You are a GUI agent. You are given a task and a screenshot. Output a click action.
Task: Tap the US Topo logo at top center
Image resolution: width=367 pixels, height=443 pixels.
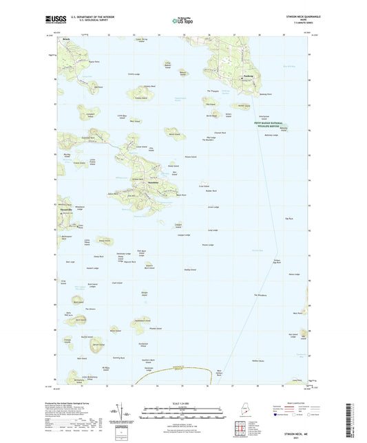click(x=183, y=21)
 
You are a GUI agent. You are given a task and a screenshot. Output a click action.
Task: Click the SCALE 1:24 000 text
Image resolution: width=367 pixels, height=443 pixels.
click(x=183, y=402)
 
